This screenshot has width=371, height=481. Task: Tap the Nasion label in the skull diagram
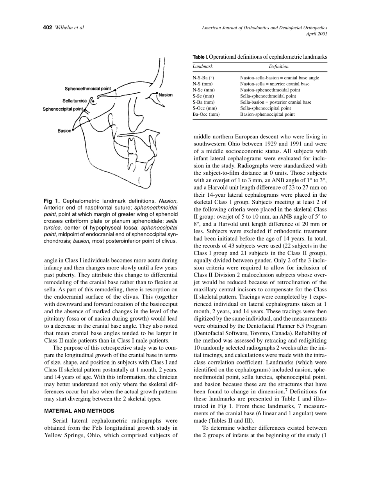point(166,95)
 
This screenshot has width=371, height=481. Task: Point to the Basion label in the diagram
point(64,131)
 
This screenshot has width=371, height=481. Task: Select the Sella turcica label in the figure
point(75,101)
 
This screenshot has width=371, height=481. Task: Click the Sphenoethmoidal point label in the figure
point(87,89)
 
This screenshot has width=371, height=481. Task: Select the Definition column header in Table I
point(278,66)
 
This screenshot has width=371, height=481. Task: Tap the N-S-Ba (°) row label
point(203,78)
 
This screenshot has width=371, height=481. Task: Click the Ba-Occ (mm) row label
point(206,115)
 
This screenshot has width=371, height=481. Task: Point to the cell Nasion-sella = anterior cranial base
point(275,84)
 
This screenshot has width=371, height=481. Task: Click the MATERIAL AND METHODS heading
point(79,411)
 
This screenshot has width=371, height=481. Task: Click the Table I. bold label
point(200,57)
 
